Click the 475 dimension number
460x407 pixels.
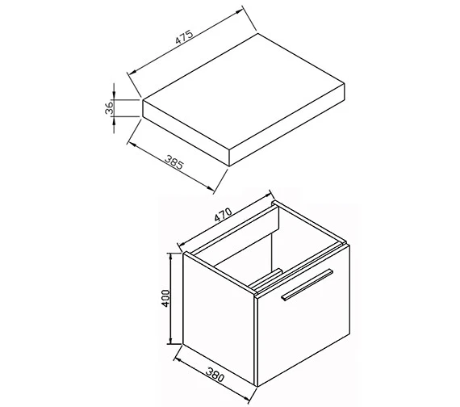[184, 36]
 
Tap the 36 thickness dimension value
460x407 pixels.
[109, 107]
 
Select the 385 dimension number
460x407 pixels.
[174, 162]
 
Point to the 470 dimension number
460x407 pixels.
[224, 214]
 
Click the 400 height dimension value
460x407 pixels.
[165, 298]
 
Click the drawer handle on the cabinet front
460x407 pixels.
[307, 284]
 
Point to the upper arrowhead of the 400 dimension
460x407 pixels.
[170, 257]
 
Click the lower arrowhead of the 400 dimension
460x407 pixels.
[170, 340]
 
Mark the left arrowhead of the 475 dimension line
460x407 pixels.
[133, 71]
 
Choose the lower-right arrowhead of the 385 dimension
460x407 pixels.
[211, 188]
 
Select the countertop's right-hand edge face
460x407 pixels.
[286, 125]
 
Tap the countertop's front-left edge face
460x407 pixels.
[186, 132]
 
